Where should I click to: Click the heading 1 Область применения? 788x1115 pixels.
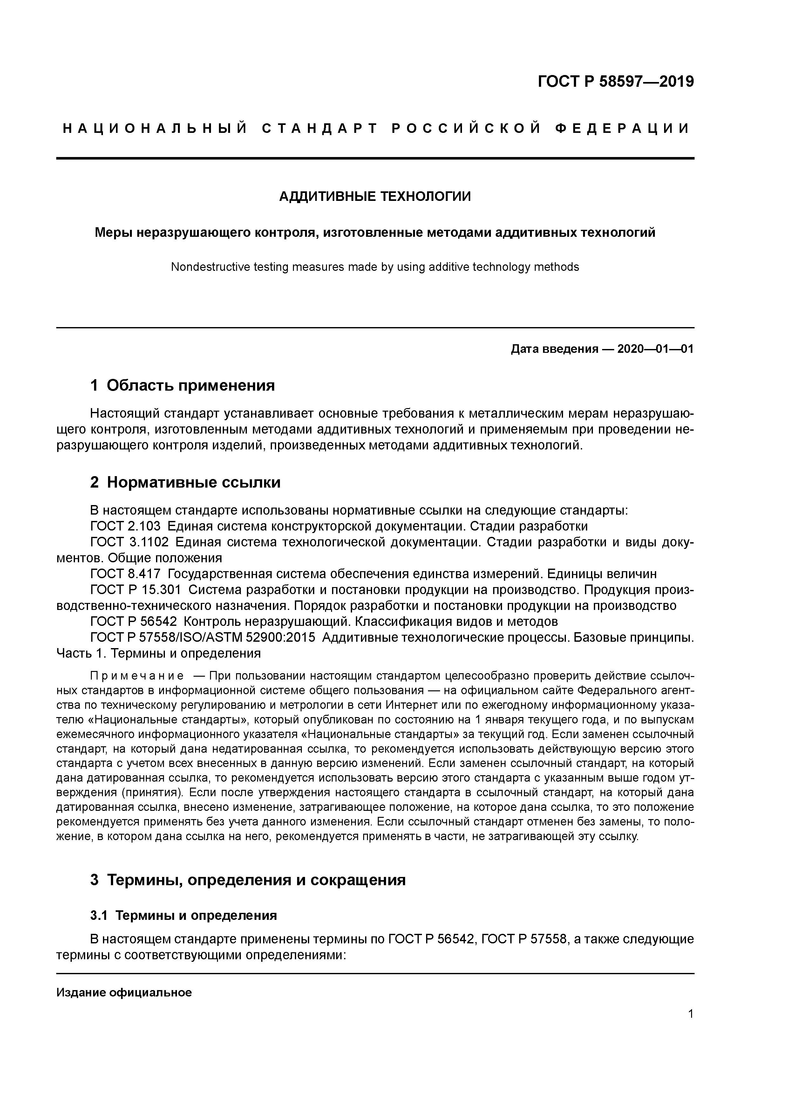pos(183,386)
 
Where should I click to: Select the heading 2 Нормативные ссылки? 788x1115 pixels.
pos(186,482)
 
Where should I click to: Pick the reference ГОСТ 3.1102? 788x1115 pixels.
pos(129,542)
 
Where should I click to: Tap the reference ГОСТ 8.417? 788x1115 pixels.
pos(125,574)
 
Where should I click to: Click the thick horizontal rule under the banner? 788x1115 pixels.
pos(375,158)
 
